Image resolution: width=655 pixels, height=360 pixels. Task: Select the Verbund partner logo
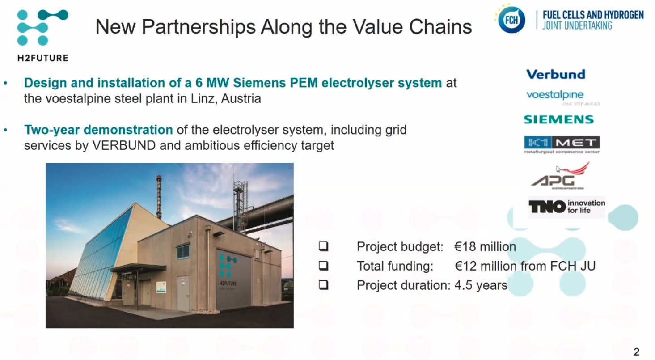[555, 74]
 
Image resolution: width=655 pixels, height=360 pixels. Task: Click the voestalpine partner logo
[555, 95]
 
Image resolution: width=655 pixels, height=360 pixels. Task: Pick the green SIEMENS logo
[558, 119]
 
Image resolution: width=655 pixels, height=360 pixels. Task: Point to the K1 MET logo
[562, 144]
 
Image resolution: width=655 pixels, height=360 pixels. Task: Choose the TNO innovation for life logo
[566, 207]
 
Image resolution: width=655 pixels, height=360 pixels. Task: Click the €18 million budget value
[485, 247]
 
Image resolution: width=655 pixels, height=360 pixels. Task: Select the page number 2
[636, 352]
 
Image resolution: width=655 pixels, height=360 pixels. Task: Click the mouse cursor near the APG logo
[558, 169]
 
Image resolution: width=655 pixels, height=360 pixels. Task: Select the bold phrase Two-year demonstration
[98, 130]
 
